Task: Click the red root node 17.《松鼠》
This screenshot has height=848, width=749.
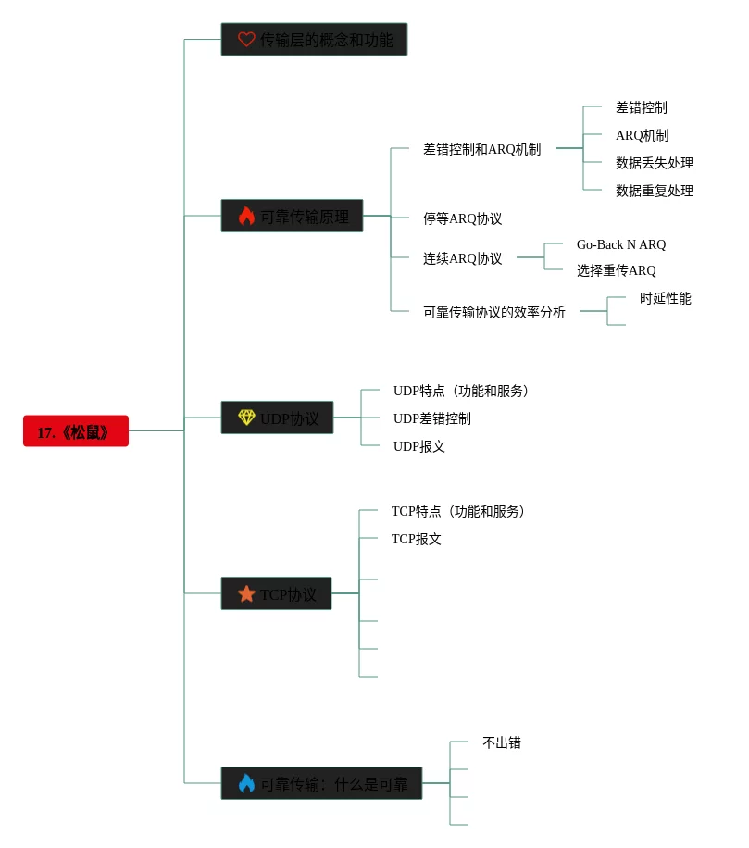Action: pyautogui.click(x=75, y=431)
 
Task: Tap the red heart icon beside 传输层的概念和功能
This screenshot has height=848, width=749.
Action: pyautogui.click(x=246, y=40)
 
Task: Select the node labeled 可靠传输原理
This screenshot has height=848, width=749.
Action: pyautogui.click(x=304, y=217)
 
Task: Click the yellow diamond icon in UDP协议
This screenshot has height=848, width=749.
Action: pyautogui.click(x=246, y=418)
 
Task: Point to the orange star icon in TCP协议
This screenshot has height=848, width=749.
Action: pyautogui.click(x=246, y=594)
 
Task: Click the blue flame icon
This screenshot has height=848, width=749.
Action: pyautogui.click(x=246, y=783)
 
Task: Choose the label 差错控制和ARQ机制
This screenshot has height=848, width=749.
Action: pyautogui.click(x=481, y=149)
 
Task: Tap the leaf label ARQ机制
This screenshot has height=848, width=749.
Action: pyautogui.click(x=642, y=135)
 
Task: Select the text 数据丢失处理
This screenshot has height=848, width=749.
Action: pyautogui.click(x=654, y=163)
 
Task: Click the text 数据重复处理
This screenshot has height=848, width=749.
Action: pyautogui.click(x=654, y=191)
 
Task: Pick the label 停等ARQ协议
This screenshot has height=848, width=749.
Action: pyautogui.click(x=462, y=218)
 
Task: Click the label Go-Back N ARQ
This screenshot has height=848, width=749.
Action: pyautogui.click(x=620, y=244)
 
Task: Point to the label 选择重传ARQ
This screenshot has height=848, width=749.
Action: pyautogui.click(x=616, y=270)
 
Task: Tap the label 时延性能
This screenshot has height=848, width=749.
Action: pyautogui.click(x=665, y=298)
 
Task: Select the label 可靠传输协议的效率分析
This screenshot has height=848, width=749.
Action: pyautogui.click(x=493, y=312)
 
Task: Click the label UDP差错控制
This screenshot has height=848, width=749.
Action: pyautogui.click(x=431, y=418)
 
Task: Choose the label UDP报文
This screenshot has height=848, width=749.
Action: pyautogui.click(x=418, y=446)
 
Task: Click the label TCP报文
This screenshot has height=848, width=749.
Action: pyautogui.click(x=416, y=539)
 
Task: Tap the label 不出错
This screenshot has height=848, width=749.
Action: pyautogui.click(x=501, y=742)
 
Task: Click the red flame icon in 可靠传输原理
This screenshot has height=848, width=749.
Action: pyautogui.click(x=246, y=217)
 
